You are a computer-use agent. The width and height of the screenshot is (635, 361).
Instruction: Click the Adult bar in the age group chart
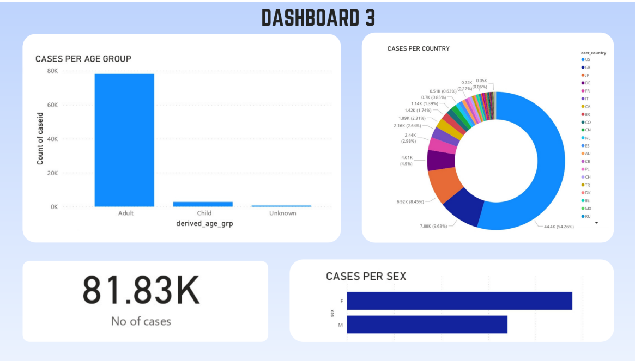[x=124, y=140]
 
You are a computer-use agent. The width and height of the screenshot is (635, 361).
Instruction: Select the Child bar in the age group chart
[x=203, y=204]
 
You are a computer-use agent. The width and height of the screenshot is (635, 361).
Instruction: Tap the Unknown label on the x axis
[x=282, y=213]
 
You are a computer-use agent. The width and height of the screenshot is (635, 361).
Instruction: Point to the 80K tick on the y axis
[x=52, y=71]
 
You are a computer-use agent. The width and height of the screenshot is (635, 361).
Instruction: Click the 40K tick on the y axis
[x=52, y=139]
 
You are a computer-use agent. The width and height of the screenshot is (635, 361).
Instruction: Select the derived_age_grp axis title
[x=204, y=224]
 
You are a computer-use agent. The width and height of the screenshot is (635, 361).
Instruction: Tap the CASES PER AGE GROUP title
[x=83, y=59]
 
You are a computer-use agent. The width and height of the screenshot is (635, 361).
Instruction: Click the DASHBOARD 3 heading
[x=318, y=19]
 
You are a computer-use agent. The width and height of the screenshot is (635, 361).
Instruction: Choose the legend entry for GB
[x=587, y=67]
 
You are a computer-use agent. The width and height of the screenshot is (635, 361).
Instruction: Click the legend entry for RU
[x=587, y=216]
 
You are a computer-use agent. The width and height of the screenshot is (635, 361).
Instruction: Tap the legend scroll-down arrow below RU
[x=596, y=223]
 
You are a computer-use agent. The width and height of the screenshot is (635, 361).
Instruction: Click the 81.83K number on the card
[x=141, y=291]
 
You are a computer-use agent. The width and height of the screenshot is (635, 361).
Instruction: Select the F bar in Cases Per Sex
[x=459, y=301]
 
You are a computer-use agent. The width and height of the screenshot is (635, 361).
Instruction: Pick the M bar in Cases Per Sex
[x=427, y=325]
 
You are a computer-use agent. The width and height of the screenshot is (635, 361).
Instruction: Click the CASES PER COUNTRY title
[x=418, y=48]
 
